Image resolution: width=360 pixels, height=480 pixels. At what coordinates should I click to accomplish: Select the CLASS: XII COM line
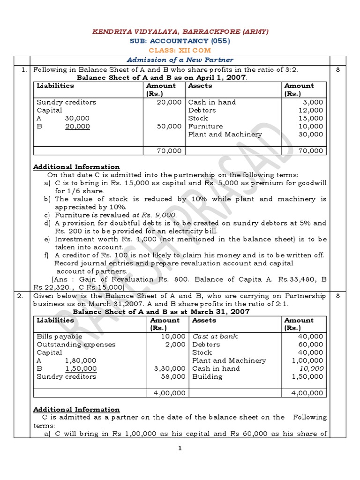point(180,50)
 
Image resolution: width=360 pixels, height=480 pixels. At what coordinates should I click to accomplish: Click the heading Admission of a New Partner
point(180,60)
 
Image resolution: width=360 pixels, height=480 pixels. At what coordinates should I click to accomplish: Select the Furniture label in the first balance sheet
point(205,126)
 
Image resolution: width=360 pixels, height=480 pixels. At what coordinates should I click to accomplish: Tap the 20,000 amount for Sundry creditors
point(168,102)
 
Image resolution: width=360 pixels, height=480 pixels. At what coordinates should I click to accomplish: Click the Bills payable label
point(60,337)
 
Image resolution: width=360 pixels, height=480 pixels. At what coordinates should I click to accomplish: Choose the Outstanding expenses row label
point(76,345)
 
